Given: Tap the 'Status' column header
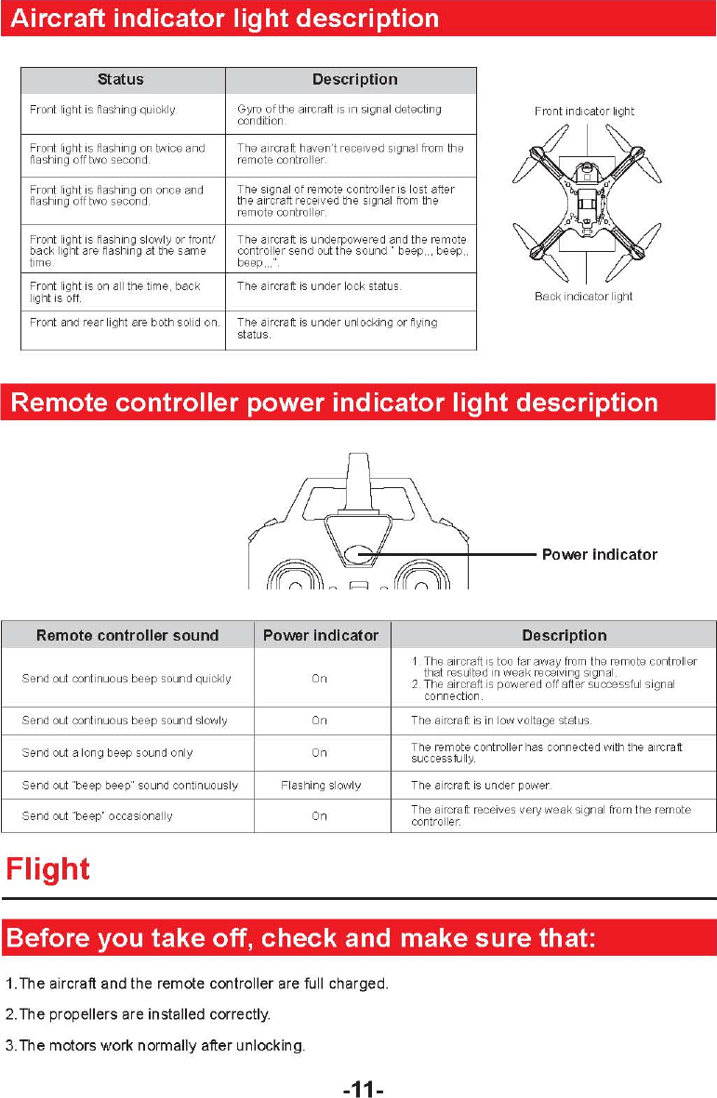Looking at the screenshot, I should [x=121, y=80].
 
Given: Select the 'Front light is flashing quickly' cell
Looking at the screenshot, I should [x=102, y=110].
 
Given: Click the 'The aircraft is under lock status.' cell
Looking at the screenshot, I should [x=319, y=286].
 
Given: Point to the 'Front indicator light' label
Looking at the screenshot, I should [x=584, y=111].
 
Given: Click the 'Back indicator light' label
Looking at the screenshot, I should [x=583, y=297].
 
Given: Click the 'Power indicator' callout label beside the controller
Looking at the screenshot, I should [x=599, y=555].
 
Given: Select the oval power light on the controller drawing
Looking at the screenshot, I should [x=359, y=555].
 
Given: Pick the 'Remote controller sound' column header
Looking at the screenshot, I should [x=127, y=636].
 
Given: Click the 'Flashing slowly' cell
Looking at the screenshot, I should [x=321, y=786].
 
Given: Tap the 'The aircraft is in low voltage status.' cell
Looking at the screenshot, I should [x=501, y=721].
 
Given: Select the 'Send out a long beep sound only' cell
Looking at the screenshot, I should [x=107, y=753].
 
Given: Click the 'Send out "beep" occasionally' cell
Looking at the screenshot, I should [x=98, y=816].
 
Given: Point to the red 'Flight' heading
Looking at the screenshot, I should [x=48, y=870].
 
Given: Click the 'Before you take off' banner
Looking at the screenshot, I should [x=300, y=938].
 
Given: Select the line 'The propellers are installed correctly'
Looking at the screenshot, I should [x=139, y=1014].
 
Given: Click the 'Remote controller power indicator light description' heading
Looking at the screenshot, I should [x=333, y=403].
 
